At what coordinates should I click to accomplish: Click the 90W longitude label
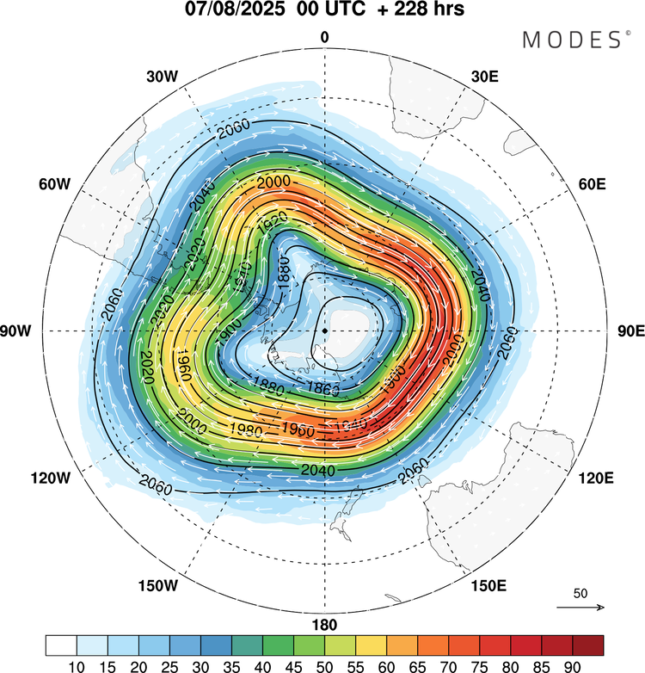pos(19,331)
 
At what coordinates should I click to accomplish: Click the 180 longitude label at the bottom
pos(324,625)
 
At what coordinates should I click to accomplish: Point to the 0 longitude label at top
pos(324,36)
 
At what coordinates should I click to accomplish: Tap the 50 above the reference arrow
pos(580,594)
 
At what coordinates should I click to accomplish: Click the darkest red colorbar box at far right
pos(587,645)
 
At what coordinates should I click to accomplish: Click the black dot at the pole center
pos(324,330)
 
